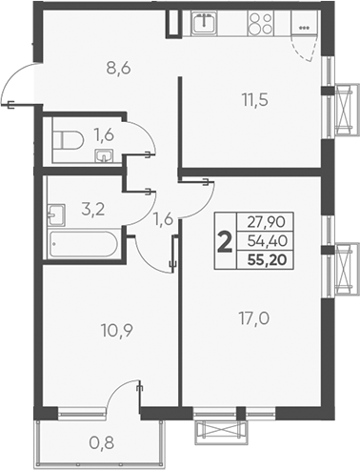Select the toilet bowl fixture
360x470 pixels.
coord(65,141)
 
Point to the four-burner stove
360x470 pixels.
coord(260,25)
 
